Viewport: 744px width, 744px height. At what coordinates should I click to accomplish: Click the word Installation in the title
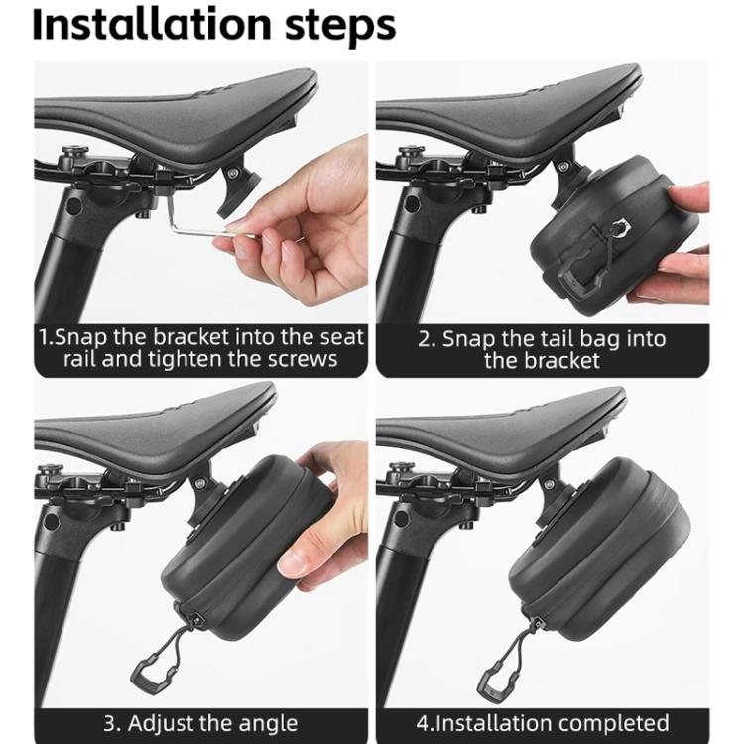pyautogui.click(x=152, y=24)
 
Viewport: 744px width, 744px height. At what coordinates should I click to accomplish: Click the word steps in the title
pyautogui.click(x=339, y=27)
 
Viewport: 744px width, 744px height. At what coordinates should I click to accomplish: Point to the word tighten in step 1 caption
pyautogui.click(x=186, y=359)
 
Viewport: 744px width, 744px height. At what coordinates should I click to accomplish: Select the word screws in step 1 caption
pyautogui.click(x=303, y=359)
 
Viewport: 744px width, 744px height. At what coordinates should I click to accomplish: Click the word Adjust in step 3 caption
pyautogui.click(x=160, y=724)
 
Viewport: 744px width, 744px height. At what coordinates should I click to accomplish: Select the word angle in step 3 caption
pyautogui.click(x=268, y=724)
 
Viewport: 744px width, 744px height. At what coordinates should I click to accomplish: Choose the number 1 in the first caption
pyautogui.click(x=44, y=338)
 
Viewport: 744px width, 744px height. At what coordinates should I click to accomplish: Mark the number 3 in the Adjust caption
pyautogui.click(x=110, y=724)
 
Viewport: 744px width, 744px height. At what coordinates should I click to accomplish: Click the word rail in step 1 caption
pyautogui.click(x=79, y=359)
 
